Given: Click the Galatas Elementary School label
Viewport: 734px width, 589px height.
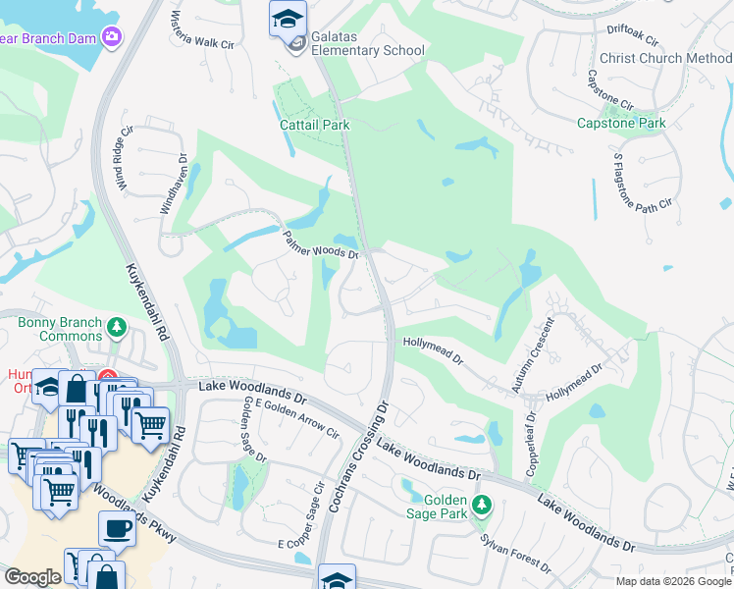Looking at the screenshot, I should pos(367,50).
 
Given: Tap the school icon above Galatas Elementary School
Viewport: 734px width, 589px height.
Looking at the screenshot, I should pos(288,18).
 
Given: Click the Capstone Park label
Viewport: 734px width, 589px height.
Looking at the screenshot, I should pos(621,123).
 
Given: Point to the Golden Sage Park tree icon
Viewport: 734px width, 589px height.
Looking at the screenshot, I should pos(481,505).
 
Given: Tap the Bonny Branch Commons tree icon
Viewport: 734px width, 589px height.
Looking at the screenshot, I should pos(117,325).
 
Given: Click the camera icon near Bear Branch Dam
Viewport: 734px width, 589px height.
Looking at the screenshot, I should pos(112,36).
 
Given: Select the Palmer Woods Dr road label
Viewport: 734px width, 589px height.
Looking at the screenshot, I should pos(321,243).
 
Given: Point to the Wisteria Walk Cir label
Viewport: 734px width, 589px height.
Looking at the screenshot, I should pos(203,30).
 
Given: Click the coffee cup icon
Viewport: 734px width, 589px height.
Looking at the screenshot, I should pos(118,528).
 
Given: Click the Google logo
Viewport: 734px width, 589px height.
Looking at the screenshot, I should pos(32,577).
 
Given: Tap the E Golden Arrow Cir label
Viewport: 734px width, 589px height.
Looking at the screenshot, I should pos(296,419).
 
